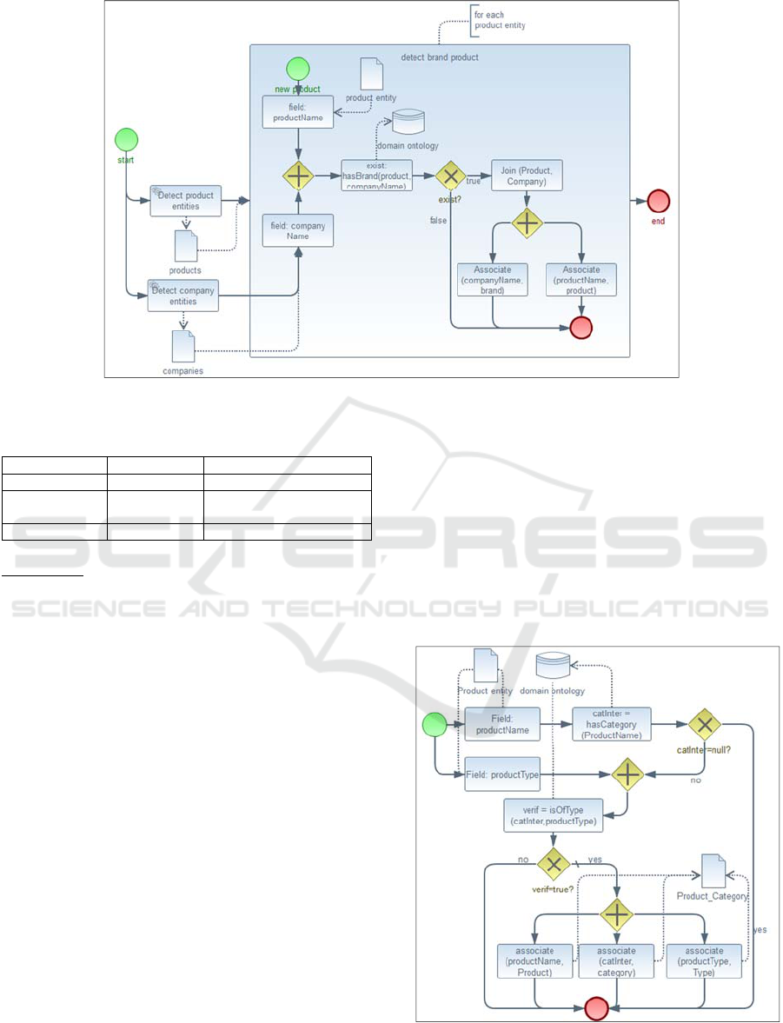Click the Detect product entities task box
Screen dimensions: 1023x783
pyautogui.click(x=185, y=201)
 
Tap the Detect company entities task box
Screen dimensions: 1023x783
pyautogui.click(x=182, y=296)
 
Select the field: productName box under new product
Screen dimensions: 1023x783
pyautogui.click(x=298, y=112)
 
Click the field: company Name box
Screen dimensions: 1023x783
pyautogui.click(x=298, y=231)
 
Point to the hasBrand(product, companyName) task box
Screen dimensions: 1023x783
pyautogui.click(x=377, y=175)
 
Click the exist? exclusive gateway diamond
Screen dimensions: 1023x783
pyautogui.click(x=450, y=176)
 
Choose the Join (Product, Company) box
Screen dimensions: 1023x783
pyautogui.click(x=527, y=174)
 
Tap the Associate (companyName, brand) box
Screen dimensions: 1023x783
pyautogui.click(x=493, y=280)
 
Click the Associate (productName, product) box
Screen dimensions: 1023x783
pyautogui.click(x=581, y=280)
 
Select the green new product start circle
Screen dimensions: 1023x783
pyautogui.click(x=298, y=69)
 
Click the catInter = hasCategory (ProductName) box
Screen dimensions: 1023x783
pyautogui.click(x=612, y=724)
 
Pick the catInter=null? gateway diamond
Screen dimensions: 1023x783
pyautogui.click(x=705, y=724)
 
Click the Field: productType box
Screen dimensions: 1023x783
pyautogui.click(x=502, y=774)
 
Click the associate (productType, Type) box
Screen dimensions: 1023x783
pyautogui.click(x=705, y=962)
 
